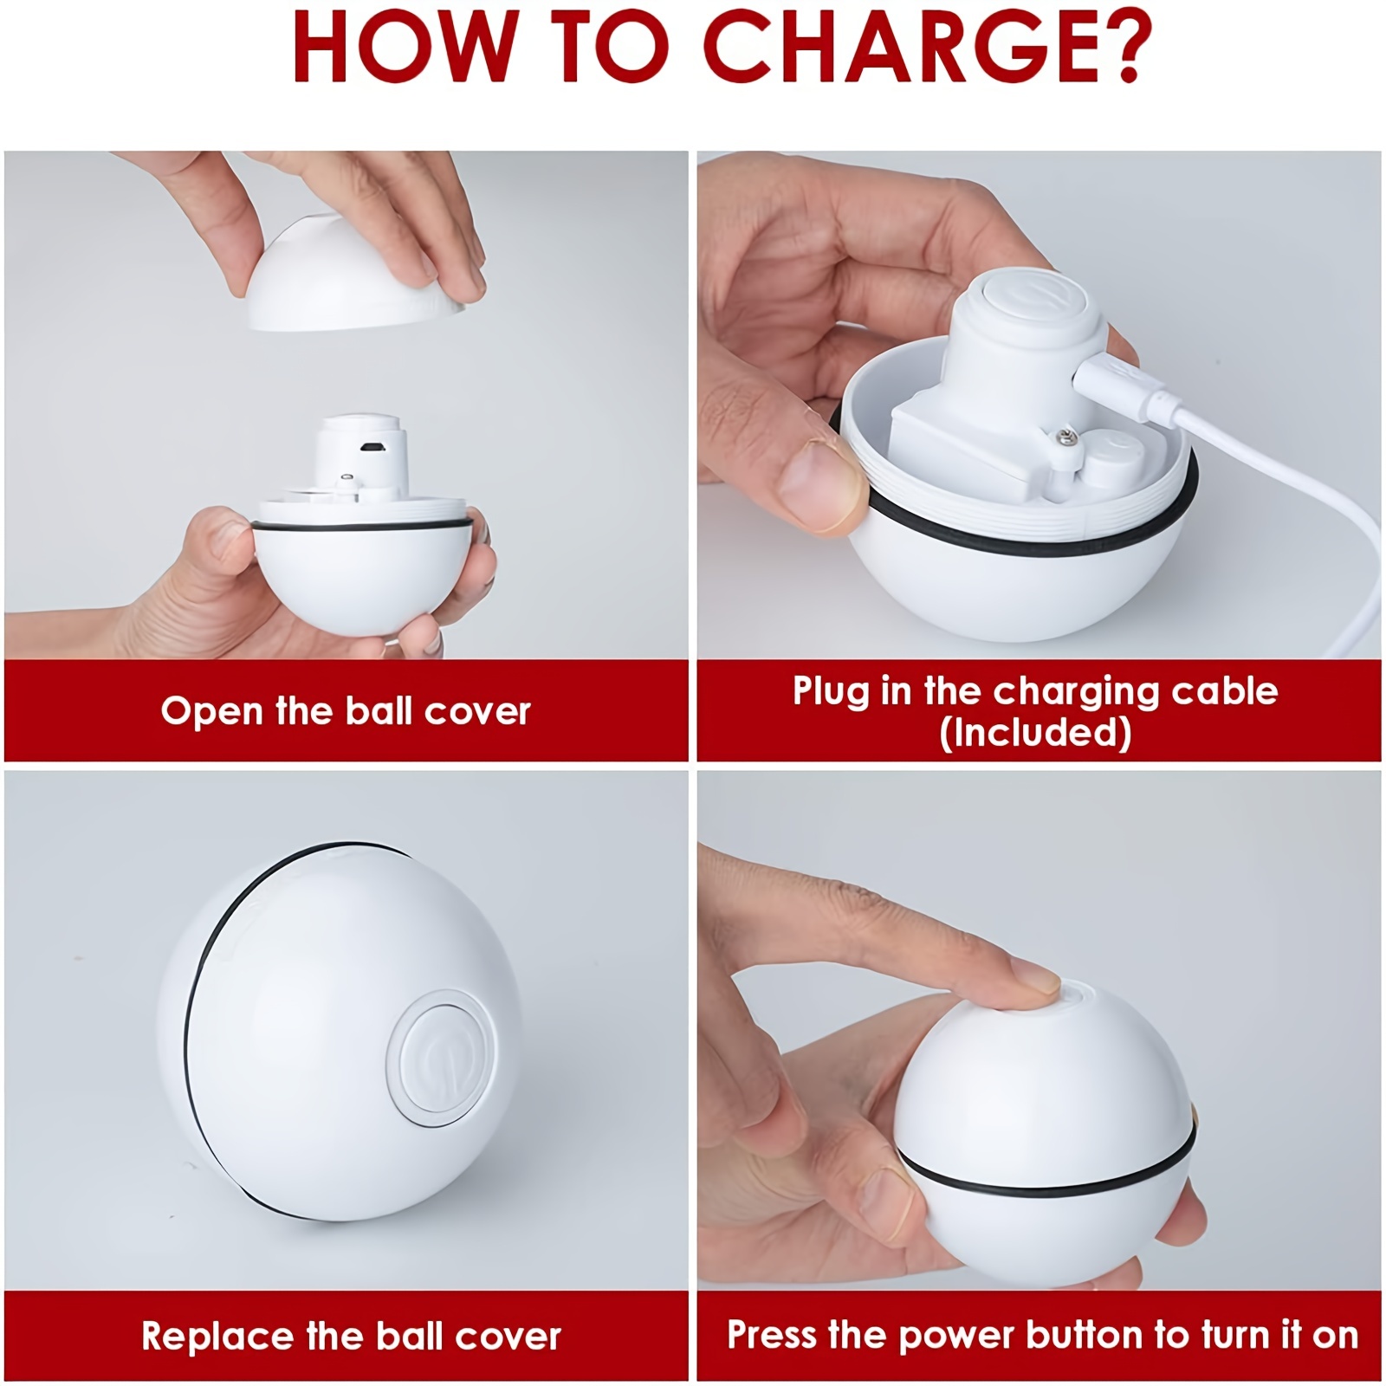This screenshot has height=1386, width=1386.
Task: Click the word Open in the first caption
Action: click(x=211, y=712)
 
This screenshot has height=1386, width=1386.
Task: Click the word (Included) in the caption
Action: click(x=1035, y=733)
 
